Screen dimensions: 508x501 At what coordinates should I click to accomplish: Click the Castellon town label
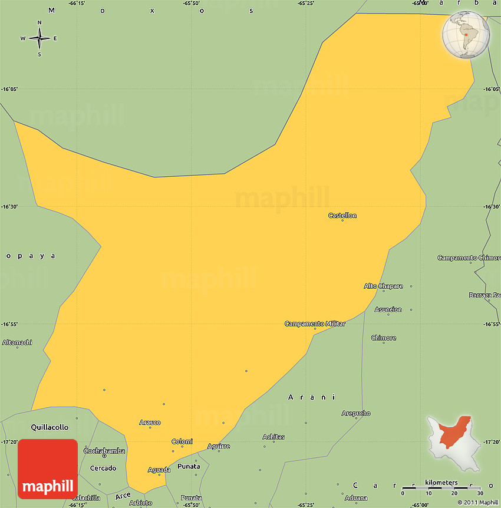(x=342, y=216)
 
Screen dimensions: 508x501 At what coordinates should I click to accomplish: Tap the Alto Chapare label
(x=383, y=286)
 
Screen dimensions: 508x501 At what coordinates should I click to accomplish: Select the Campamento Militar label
(x=315, y=324)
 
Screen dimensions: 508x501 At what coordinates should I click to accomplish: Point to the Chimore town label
(x=384, y=338)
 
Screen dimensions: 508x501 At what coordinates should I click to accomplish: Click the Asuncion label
(x=388, y=309)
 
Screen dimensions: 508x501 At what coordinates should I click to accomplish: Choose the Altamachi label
(x=17, y=342)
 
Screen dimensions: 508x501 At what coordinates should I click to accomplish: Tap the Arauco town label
(x=150, y=423)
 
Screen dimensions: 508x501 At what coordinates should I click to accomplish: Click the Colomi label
(x=182, y=441)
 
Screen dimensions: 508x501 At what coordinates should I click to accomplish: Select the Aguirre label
(x=219, y=446)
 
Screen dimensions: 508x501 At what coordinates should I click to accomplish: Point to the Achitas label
(x=273, y=437)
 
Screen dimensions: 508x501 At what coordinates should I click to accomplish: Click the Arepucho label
(x=356, y=413)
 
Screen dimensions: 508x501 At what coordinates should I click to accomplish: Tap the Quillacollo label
(x=50, y=427)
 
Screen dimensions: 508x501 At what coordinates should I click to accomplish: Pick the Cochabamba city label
(x=104, y=451)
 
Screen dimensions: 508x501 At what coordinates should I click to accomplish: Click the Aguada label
(x=159, y=470)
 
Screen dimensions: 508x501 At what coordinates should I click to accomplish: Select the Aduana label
(x=356, y=498)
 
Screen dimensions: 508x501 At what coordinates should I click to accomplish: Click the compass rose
(x=39, y=39)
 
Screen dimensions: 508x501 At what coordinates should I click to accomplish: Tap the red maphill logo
(x=48, y=469)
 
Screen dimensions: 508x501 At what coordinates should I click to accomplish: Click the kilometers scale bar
(x=441, y=487)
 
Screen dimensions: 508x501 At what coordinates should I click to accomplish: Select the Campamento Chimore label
(x=469, y=258)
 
